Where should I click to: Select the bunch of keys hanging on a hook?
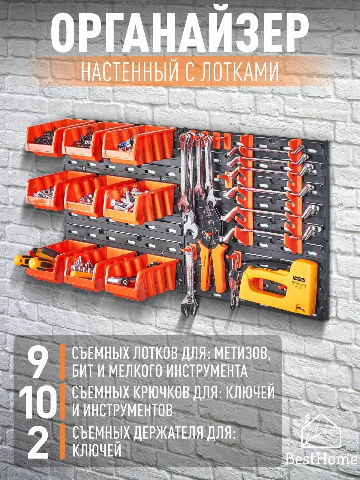[x=233, y=285]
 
